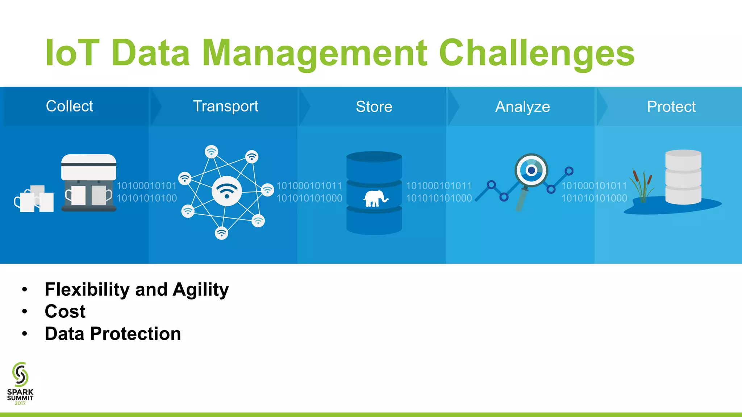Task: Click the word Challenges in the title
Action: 536,54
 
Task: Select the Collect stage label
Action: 70,106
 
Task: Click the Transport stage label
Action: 225,106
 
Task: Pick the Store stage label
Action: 374,107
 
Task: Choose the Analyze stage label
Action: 522,107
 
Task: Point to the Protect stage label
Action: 671,107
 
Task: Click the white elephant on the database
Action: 375,199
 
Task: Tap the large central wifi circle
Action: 227,191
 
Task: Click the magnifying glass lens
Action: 531,170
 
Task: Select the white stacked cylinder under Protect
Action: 683,177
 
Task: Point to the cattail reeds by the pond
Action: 642,186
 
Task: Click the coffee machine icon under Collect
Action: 89,183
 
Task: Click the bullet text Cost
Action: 65,311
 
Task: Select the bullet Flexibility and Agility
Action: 137,290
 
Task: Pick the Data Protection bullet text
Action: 113,334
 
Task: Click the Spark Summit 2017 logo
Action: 20,384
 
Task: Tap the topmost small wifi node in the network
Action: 211,151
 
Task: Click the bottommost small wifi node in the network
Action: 221,233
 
